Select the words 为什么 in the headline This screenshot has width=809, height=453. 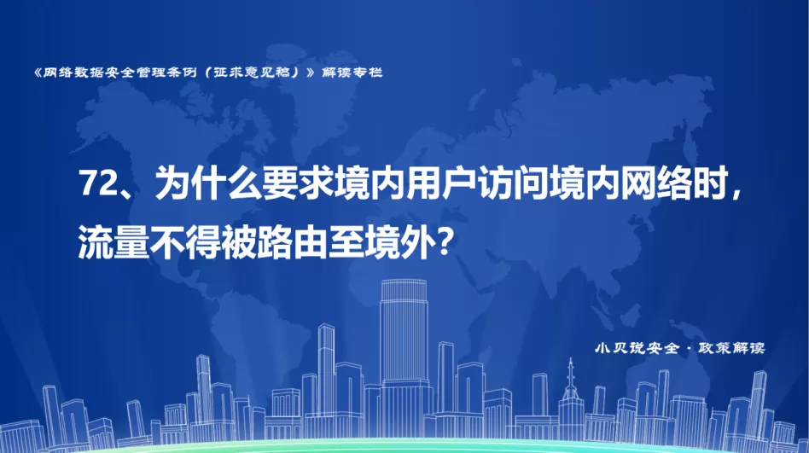tap(208, 183)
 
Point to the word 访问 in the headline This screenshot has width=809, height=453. tap(513, 183)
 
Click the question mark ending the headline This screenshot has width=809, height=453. tap(447, 242)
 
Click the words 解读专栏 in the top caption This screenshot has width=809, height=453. tap(352, 73)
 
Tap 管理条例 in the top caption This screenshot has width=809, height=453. tap(167, 73)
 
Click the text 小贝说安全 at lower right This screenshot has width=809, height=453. tap(637, 348)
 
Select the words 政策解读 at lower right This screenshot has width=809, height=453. tap(731, 348)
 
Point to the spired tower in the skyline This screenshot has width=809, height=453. tap(570, 398)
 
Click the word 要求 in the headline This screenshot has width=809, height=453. tap(298, 183)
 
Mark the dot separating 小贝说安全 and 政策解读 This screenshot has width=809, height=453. tap(689, 349)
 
